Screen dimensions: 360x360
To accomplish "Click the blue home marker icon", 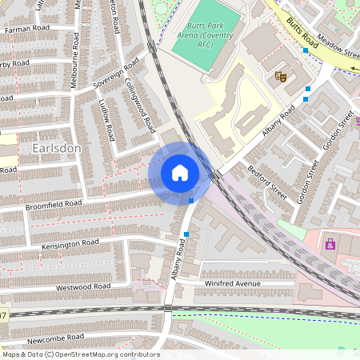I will tap(179, 172).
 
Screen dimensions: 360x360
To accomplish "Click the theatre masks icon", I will tap(281, 76).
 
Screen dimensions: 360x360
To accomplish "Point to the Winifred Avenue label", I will tap(234, 283).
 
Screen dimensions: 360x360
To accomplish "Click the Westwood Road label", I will tap(82, 286).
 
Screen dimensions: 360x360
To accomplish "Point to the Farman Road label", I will tap(27, 29).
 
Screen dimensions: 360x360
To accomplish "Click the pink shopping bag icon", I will tap(330, 244).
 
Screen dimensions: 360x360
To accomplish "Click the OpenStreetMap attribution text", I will tap(81, 354).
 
